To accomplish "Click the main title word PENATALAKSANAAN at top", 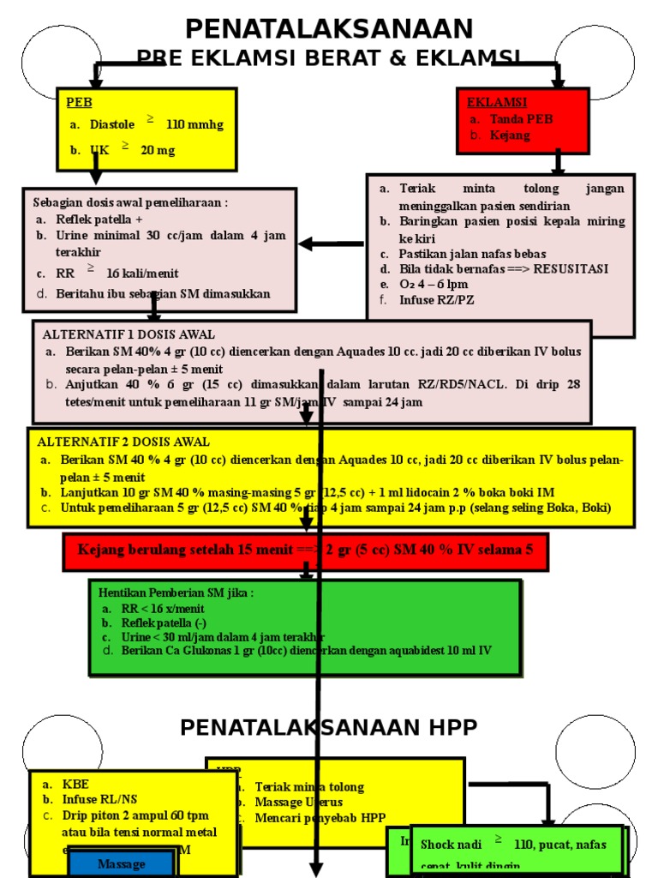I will [329, 28].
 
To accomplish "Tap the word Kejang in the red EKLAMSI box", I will [510, 135].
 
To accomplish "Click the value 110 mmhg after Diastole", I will [194, 124].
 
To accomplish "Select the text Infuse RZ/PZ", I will [436, 300].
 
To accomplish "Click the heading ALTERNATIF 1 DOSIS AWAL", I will [129, 334].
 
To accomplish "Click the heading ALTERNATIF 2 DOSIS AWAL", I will [123, 442].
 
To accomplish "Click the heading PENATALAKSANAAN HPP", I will [328, 728].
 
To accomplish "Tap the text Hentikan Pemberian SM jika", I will [176, 592].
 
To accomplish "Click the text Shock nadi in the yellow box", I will [451, 845].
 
